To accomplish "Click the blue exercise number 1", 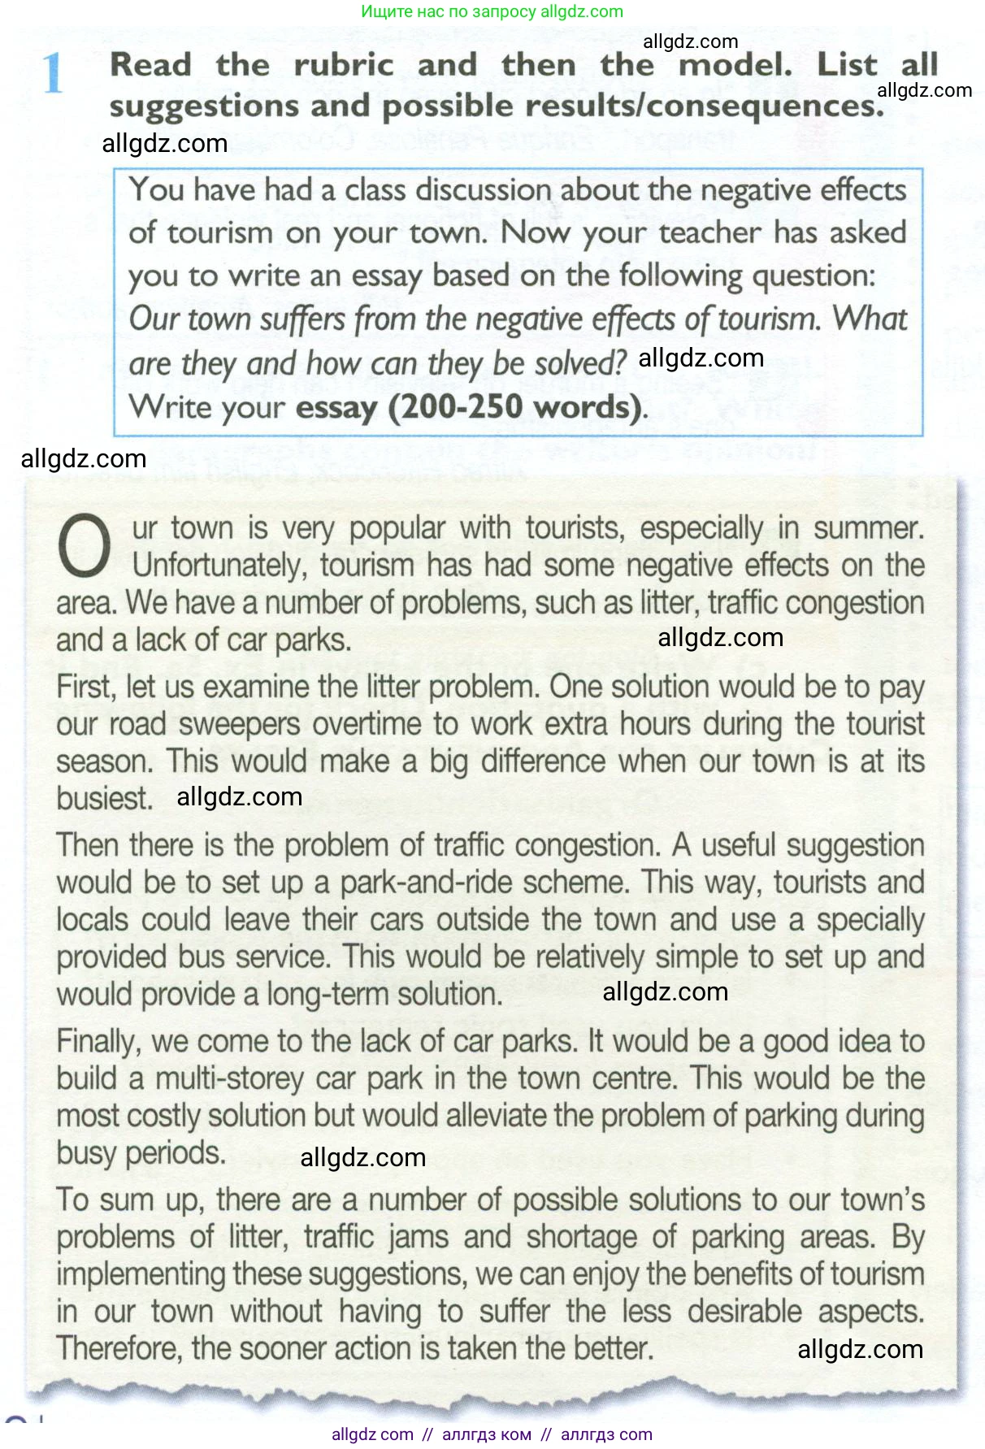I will pos(53,73).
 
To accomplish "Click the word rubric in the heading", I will pos(343,65).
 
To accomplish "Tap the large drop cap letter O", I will pos(84,547).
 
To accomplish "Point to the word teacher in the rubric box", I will pos(710,233).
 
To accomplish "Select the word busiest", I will pos(104,799).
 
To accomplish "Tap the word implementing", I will pos(141,1275).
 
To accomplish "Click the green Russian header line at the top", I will pos(492,12).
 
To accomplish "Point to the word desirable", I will pos(744,1312).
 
